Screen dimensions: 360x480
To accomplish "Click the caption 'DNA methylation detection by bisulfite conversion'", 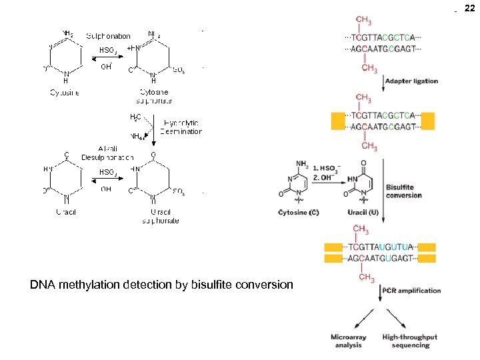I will click(161, 285).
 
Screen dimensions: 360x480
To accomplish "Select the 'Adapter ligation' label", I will click(411, 81).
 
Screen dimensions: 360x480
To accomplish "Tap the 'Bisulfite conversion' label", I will click(403, 191).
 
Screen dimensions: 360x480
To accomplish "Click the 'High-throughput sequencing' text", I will click(409, 341).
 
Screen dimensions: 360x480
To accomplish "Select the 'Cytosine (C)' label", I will click(298, 213).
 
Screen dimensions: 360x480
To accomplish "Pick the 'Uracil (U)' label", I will click(363, 213).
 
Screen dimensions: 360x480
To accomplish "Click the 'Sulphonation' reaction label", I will click(109, 35).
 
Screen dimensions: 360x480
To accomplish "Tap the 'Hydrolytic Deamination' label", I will click(181, 127).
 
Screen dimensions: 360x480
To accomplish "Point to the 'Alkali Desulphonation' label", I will click(107, 153).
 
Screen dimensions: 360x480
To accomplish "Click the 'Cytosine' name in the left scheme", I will click(65, 93).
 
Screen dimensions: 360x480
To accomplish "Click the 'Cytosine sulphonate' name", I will click(154, 97).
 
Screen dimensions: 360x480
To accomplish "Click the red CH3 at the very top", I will click(365, 19).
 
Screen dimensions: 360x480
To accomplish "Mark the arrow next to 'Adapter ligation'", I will click(380, 81).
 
